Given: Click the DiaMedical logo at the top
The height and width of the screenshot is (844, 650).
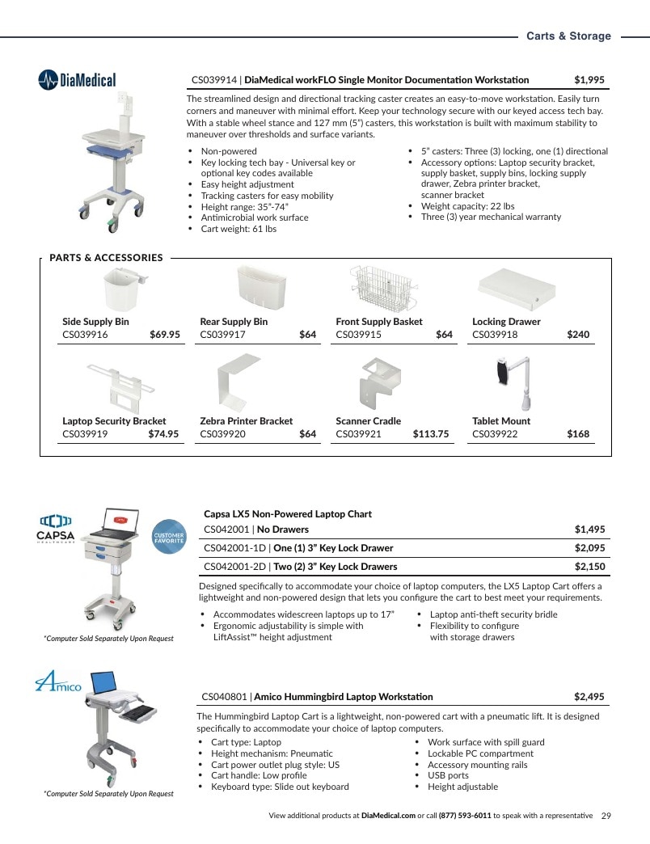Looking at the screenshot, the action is tap(77, 80).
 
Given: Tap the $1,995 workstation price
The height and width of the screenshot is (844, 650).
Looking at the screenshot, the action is tap(589, 80).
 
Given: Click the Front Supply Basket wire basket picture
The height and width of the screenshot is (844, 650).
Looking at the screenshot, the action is tap(384, 288).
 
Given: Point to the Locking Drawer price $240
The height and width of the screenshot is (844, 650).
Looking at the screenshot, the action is tap(578, 334).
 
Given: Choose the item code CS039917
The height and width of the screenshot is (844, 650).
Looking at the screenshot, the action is tap(223, 334).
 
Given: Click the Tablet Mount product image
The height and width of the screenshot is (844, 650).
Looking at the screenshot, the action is tap(514, 383).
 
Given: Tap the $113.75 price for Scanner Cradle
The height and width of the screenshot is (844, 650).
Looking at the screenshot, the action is tap(430, 434).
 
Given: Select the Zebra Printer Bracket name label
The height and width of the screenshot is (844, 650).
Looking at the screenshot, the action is tap(247, 421).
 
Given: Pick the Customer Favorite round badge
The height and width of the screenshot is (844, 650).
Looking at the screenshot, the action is tap(169, 537).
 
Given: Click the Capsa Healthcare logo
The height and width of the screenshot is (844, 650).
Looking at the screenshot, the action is tap(56, 530).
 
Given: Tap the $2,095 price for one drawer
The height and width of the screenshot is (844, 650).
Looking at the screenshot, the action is tap(589, 548).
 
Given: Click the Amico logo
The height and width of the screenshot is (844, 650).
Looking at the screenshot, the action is tap(58, 681).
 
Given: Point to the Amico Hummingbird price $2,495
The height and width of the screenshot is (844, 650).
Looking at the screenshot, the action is tap(589, 697).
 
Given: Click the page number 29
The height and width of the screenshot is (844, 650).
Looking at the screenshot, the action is tap(606, 816).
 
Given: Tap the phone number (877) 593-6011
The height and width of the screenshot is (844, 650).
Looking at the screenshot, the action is tap(465, 816).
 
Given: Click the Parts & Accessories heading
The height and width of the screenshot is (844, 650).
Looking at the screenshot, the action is tap(106, 258).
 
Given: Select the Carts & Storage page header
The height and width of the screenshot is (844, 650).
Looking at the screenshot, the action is tap(569, 36).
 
